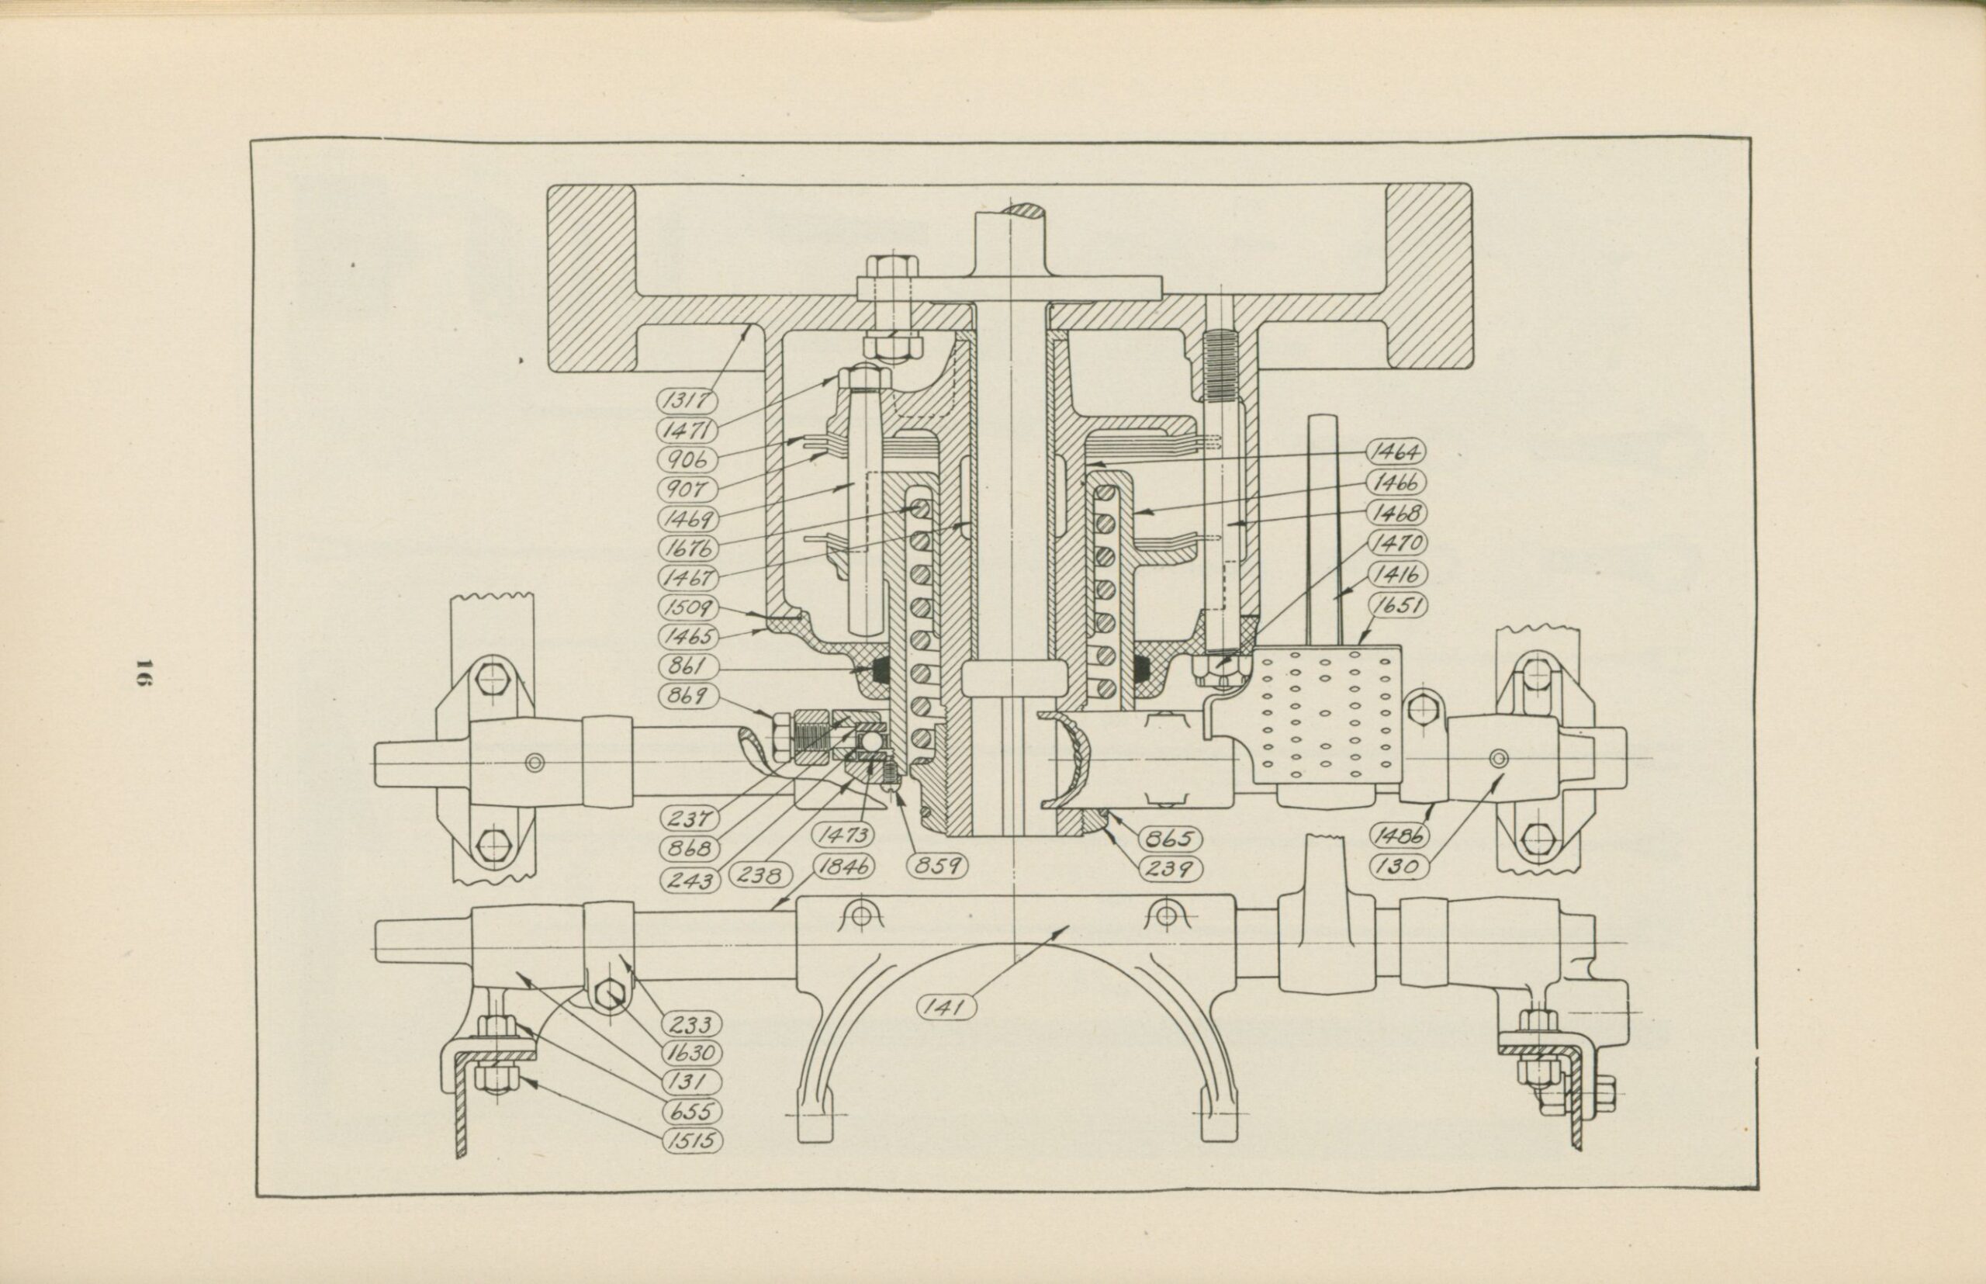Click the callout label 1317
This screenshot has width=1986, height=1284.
tap(688, 401)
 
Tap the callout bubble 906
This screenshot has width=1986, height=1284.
tap(688, 459)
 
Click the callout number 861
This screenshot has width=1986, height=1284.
tap(688, 666)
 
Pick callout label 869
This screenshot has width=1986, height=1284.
tap(688, 694)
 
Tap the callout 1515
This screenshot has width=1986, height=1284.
tap(691, 1140)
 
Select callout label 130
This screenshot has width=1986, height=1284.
tap(1398, 867)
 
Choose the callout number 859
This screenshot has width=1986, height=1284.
tap(936, 867)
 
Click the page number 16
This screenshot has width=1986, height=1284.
tap(143, 673)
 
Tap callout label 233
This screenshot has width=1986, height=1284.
tap(690, 1025)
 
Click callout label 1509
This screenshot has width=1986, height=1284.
tap(688, 607)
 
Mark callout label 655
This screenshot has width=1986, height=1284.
tap(691, 1112)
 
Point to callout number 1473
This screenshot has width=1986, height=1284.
tap(845, 835)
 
